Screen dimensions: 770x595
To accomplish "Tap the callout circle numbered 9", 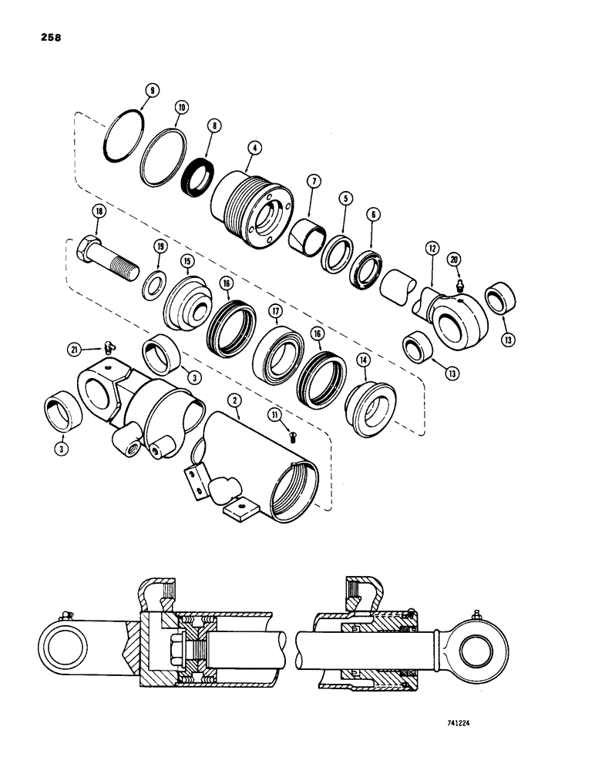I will point(153,90).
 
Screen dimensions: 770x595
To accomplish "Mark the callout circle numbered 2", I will point(233,400).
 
